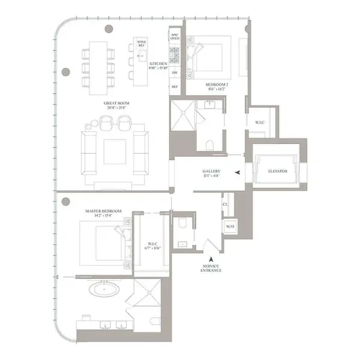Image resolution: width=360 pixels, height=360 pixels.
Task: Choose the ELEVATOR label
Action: pos(278,172)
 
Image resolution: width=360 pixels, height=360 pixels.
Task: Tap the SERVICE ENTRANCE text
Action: pos(212,268)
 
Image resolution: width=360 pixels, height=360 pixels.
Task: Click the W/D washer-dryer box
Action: pos(229,227)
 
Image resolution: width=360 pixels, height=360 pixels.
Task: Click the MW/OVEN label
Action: pos(175,37)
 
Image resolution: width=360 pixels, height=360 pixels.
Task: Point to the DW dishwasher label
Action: pos(175,73)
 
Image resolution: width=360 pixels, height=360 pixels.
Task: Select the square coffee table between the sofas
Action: pos(115,152)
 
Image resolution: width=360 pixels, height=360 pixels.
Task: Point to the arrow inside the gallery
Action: pos(239,173)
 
